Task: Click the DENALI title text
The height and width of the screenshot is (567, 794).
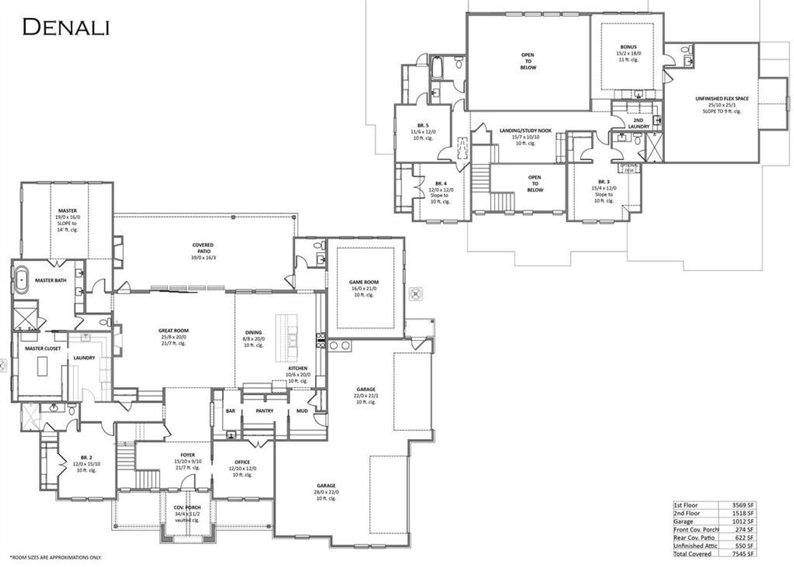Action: pos(66,27)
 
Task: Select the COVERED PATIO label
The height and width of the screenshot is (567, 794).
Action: pos(203,245)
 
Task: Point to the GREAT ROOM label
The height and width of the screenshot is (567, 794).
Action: pos(174,331)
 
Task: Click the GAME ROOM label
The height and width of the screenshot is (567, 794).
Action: pos(364,282)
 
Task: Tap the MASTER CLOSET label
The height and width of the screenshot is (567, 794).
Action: pos(43,349)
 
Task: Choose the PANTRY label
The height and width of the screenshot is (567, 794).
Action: pos(265,411)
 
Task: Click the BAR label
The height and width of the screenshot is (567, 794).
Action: pos(230,411)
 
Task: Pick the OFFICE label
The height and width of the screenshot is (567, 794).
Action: pos(242,462)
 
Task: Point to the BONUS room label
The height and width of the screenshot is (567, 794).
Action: pos(628,47)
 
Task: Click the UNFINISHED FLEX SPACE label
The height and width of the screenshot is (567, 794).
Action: pos(721,99)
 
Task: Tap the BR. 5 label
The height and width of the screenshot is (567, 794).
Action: pos(424,125)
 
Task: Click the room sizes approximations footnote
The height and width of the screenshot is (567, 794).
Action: pos(55,558)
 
